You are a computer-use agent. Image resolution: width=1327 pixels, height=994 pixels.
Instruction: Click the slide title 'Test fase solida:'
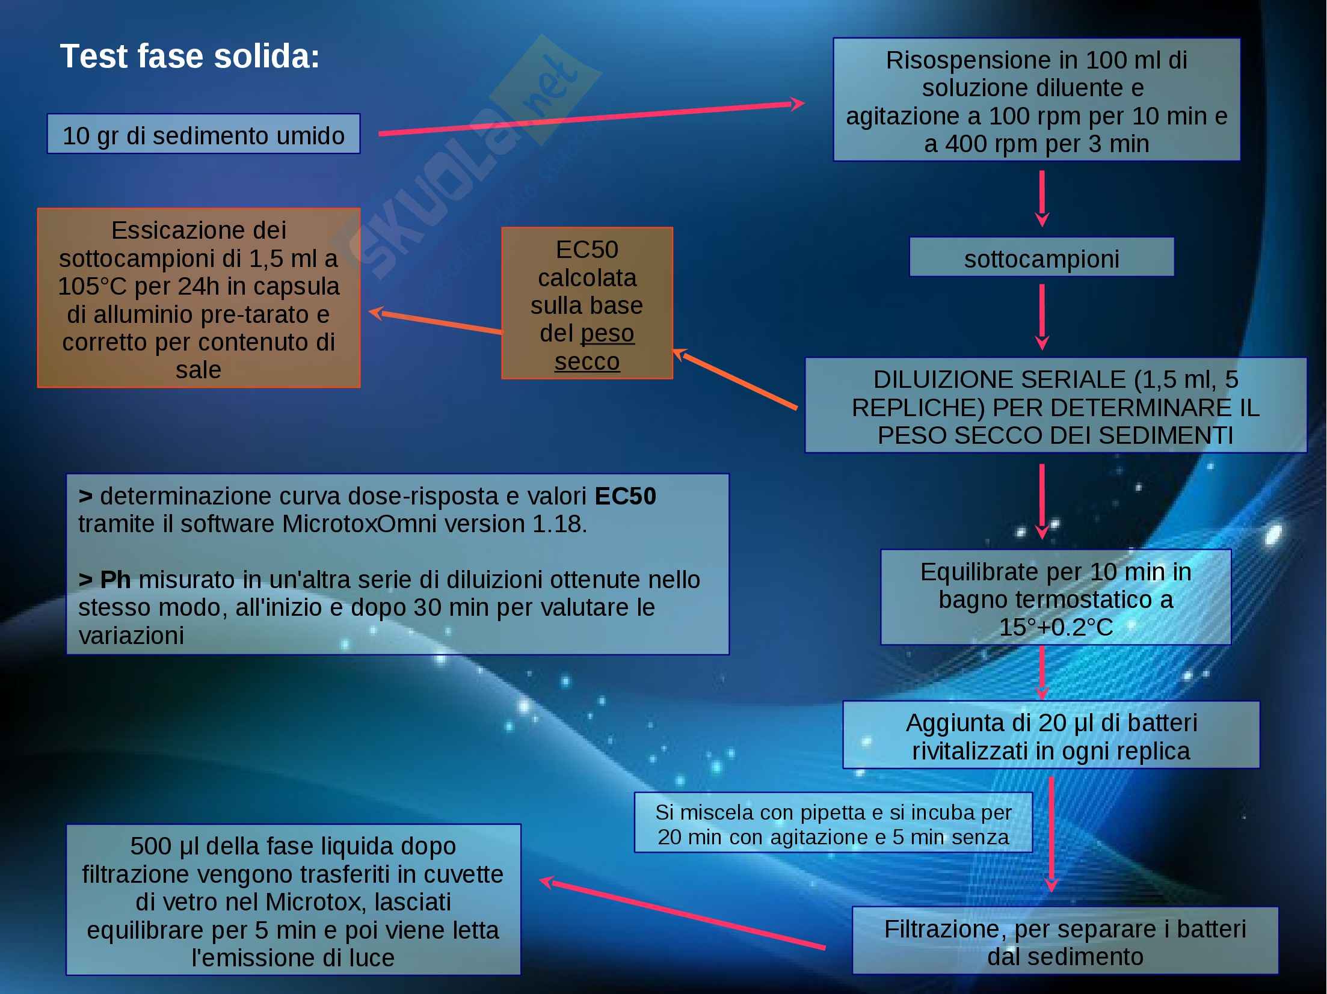[189, 57]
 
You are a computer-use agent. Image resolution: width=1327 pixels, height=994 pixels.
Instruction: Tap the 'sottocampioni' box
[1041, 258]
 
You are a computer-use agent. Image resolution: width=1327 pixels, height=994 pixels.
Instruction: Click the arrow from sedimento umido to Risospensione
[590, 119]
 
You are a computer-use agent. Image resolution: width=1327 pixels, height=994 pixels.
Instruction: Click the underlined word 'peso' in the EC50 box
[608, 333]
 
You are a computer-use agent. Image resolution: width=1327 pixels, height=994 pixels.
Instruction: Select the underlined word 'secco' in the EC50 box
[587, 361]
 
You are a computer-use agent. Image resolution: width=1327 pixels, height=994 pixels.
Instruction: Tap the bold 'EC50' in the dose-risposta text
[625, 496]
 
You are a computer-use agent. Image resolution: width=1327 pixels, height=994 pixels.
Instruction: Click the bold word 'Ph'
[115, 580]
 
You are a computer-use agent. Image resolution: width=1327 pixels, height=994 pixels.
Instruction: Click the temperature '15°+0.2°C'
[1056, 627]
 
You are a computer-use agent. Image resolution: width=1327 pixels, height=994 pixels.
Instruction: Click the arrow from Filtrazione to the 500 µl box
[683, 914]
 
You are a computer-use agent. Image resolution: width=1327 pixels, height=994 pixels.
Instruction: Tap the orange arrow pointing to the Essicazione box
[436, 322]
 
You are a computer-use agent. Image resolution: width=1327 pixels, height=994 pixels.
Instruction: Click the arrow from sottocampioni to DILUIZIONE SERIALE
[1042, 316]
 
